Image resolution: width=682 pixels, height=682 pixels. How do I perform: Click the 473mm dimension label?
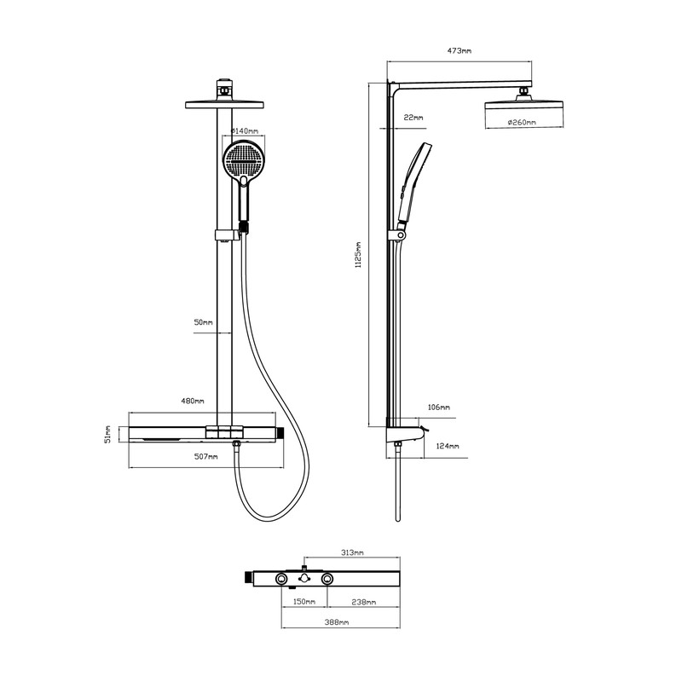click(x=459, y=52)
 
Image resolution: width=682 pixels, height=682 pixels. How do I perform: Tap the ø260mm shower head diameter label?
click(x=522, y=123)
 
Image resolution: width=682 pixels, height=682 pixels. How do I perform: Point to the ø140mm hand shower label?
click(x=245, y=131)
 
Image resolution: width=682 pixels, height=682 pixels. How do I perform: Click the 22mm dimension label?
click(x=413, y=117)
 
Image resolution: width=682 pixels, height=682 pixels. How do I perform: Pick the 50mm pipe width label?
click(x=203, y=323)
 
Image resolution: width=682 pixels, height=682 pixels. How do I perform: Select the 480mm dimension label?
click(x=193, y=401)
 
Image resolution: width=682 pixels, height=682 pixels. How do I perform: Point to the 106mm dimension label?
click(x=438, y=407)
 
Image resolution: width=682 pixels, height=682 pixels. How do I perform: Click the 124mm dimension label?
click(x=448, y=447)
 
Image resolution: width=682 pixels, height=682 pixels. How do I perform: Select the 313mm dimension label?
click(x=351, y=553)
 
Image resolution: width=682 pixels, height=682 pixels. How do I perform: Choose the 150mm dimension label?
click(x=303, y=602)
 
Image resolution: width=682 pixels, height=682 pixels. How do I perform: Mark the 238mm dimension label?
click(x=363, y=602)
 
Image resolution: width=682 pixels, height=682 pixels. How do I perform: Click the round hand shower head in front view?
click(x=245, y=159)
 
